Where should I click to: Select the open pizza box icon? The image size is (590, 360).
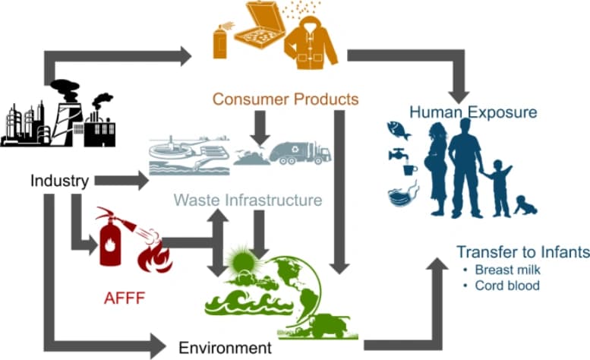[x=260, y=24]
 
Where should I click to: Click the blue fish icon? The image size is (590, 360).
[x=399, y=130]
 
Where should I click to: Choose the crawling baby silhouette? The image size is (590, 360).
[x=525, y=205]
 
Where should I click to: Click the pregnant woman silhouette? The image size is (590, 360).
[x=437, y=169]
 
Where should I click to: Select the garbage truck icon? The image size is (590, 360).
[x=300, y=153]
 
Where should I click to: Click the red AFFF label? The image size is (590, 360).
[x=125, y=298]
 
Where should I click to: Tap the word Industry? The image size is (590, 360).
[x=59, y=181]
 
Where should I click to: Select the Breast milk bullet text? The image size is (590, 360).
[x=507, y=270]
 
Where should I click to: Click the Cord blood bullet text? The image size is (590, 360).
[x=507, y=286]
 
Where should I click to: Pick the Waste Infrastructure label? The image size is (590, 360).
[x=248, y=200]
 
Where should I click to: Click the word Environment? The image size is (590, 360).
[x=225, y=348]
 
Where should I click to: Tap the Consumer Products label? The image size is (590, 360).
[x=286, y=99]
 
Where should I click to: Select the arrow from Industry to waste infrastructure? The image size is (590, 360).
[x=121, y=181]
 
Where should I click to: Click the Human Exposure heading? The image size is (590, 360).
[x=473, y=112]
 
